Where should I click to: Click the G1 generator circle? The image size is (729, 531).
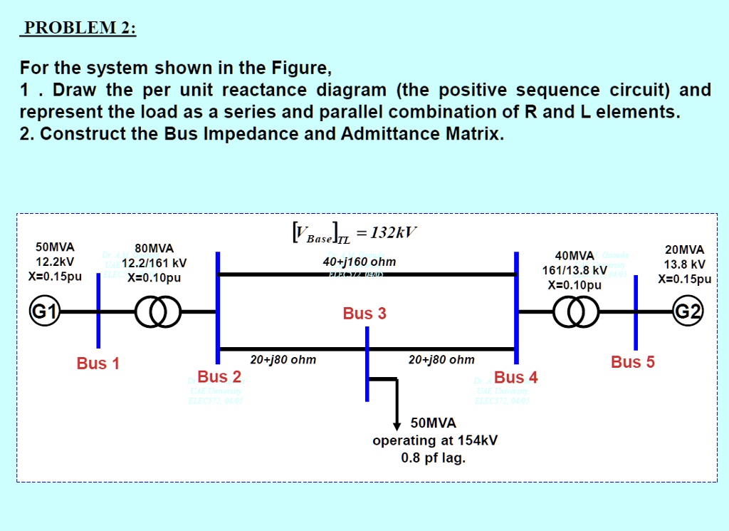(39, 312)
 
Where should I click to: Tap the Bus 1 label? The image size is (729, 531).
(98, 364)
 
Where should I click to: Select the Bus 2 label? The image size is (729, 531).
(219, 376)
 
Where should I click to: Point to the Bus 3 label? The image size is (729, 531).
(364, 314)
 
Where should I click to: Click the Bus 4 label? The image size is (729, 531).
(516, 377)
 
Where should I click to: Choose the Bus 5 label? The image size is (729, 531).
(633, 362)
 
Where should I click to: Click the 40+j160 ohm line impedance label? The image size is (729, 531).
(360, 262)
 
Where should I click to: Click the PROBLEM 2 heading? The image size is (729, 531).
(78, 29)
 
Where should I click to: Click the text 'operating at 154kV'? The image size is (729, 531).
(435, 440)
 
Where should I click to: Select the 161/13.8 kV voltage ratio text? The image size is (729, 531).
(575, 271)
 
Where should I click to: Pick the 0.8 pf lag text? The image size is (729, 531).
(434, 458)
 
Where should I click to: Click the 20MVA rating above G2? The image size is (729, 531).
(684, 249)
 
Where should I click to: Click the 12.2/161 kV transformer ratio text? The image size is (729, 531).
(154, 263)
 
